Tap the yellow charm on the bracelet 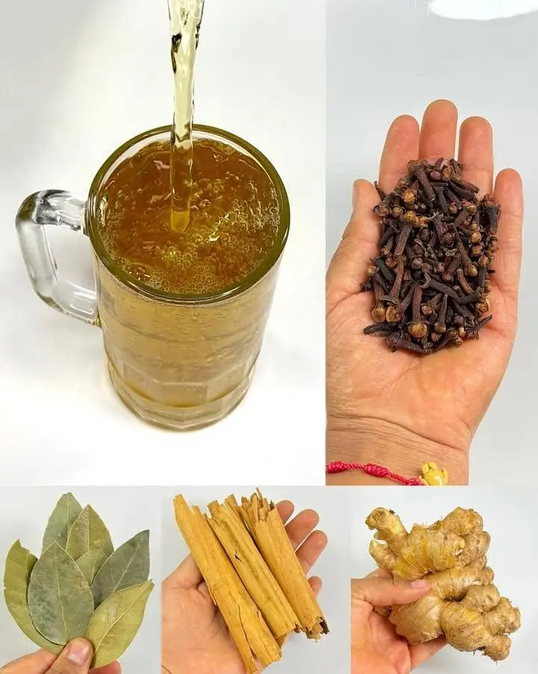coord(433,474)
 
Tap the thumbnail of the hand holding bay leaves coord(78,650)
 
